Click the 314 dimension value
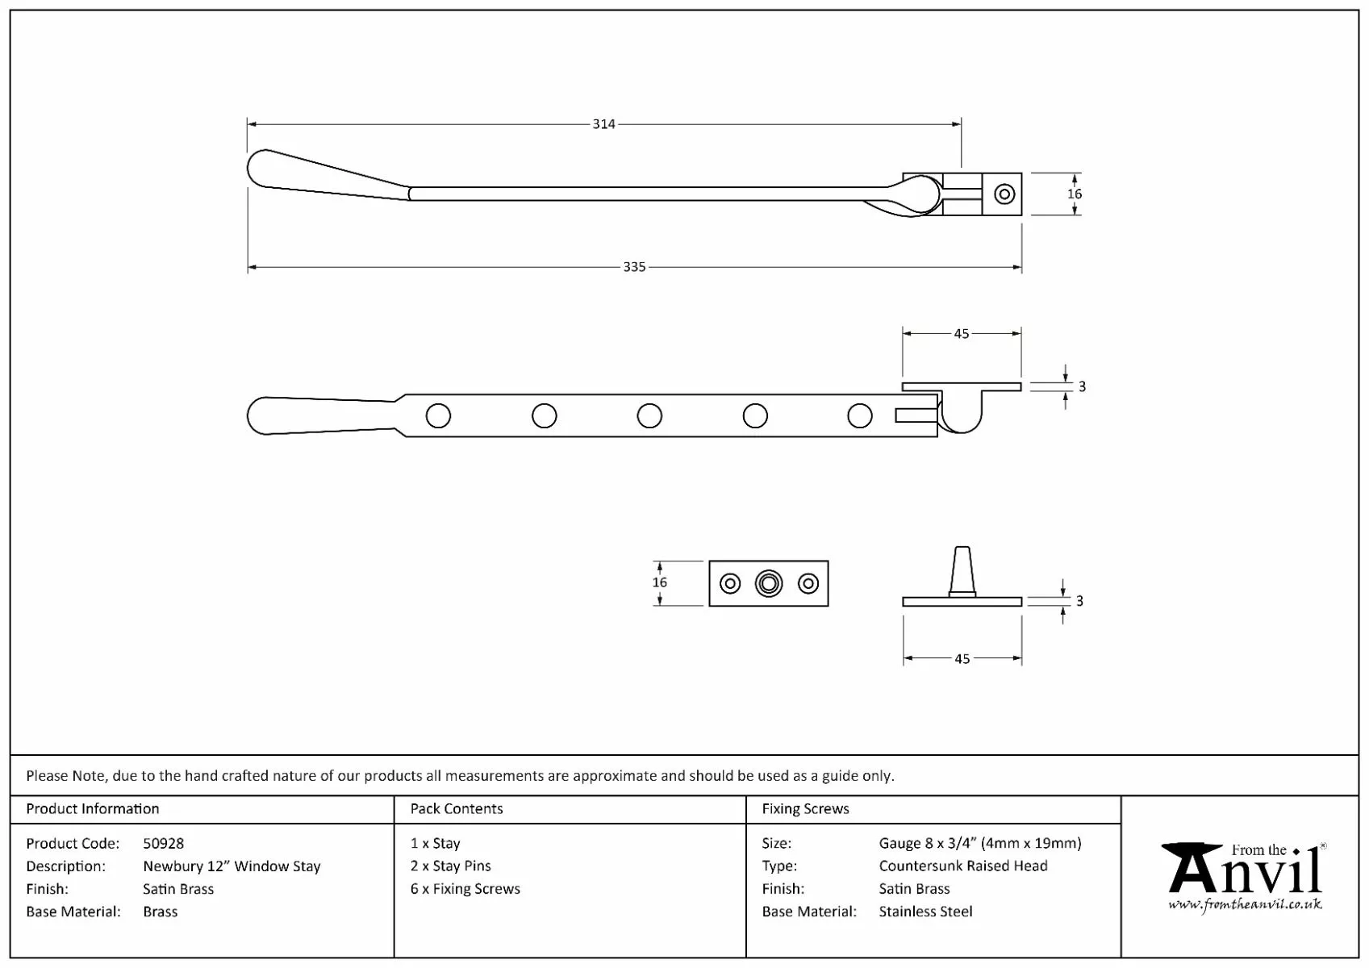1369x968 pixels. [x=603, y=124]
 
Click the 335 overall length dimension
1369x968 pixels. [x=634, y=267]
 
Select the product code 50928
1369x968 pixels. [x=163, y=844]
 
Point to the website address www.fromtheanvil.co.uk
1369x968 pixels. [x=1245, y=904]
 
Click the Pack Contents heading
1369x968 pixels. [x=456, y=809]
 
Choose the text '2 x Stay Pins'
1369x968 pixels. [x=450, y=866]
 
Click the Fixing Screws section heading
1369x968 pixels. [x=805, y=809]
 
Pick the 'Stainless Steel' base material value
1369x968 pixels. [x=925, y=912]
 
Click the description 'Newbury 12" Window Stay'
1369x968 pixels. [x=232, y=866]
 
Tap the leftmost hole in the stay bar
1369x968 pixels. [x=438, y=416]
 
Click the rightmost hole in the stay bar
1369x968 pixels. [x=860, y=416]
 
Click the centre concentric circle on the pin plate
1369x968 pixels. [x=769, y=584]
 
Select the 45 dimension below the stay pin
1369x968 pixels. [x=962, y=659]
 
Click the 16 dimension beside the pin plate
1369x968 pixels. [x=660, y=582]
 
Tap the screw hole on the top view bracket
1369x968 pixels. [x=1004, y=194]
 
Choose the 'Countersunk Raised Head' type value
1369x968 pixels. [x=963, y=866]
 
